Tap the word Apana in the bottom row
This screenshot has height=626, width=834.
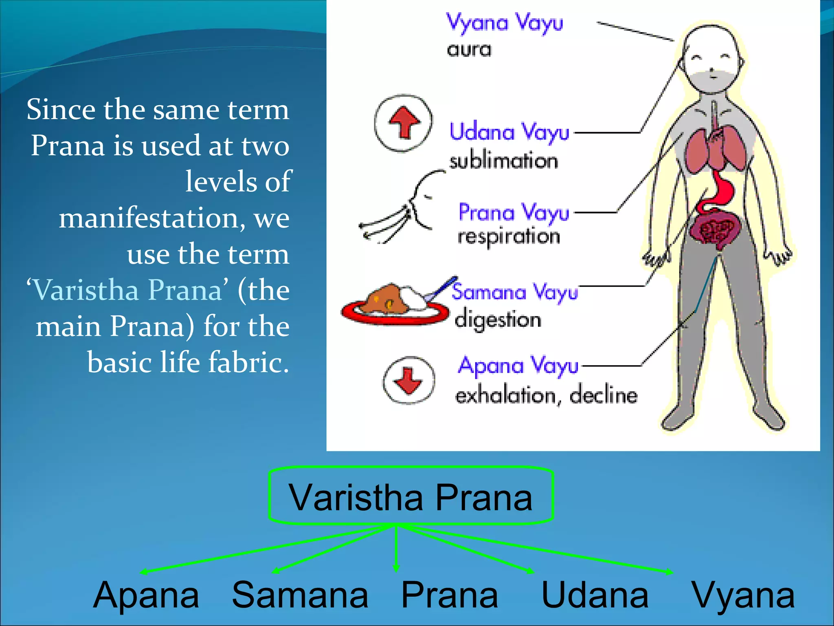tap(146, 596)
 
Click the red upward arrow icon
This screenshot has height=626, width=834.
tap(404, 122)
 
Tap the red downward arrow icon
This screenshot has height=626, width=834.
tap(408, 380)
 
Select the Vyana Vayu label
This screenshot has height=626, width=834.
tap(504, 22)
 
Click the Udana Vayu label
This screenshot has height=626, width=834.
tap(509, 132)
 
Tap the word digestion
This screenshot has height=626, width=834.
tap(498, 320)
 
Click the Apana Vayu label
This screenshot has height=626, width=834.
tap(518, 366)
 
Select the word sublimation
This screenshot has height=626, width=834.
tap(503, 161)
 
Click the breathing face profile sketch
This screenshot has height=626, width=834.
tap(407, 208)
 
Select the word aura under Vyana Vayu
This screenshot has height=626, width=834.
tap(469, 50)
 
